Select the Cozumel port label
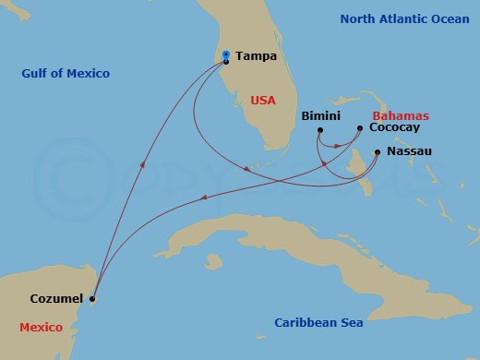coord(56,298)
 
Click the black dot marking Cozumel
coord(92,298)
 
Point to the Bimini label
coord(321,116)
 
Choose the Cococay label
coord(394,128)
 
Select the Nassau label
coord(408,150)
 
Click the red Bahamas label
coord(407,117)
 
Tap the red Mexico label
coord(41,328)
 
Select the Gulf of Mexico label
coord(66,73)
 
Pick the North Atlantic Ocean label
coord(404,18)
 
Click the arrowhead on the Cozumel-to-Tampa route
coord(142,164)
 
